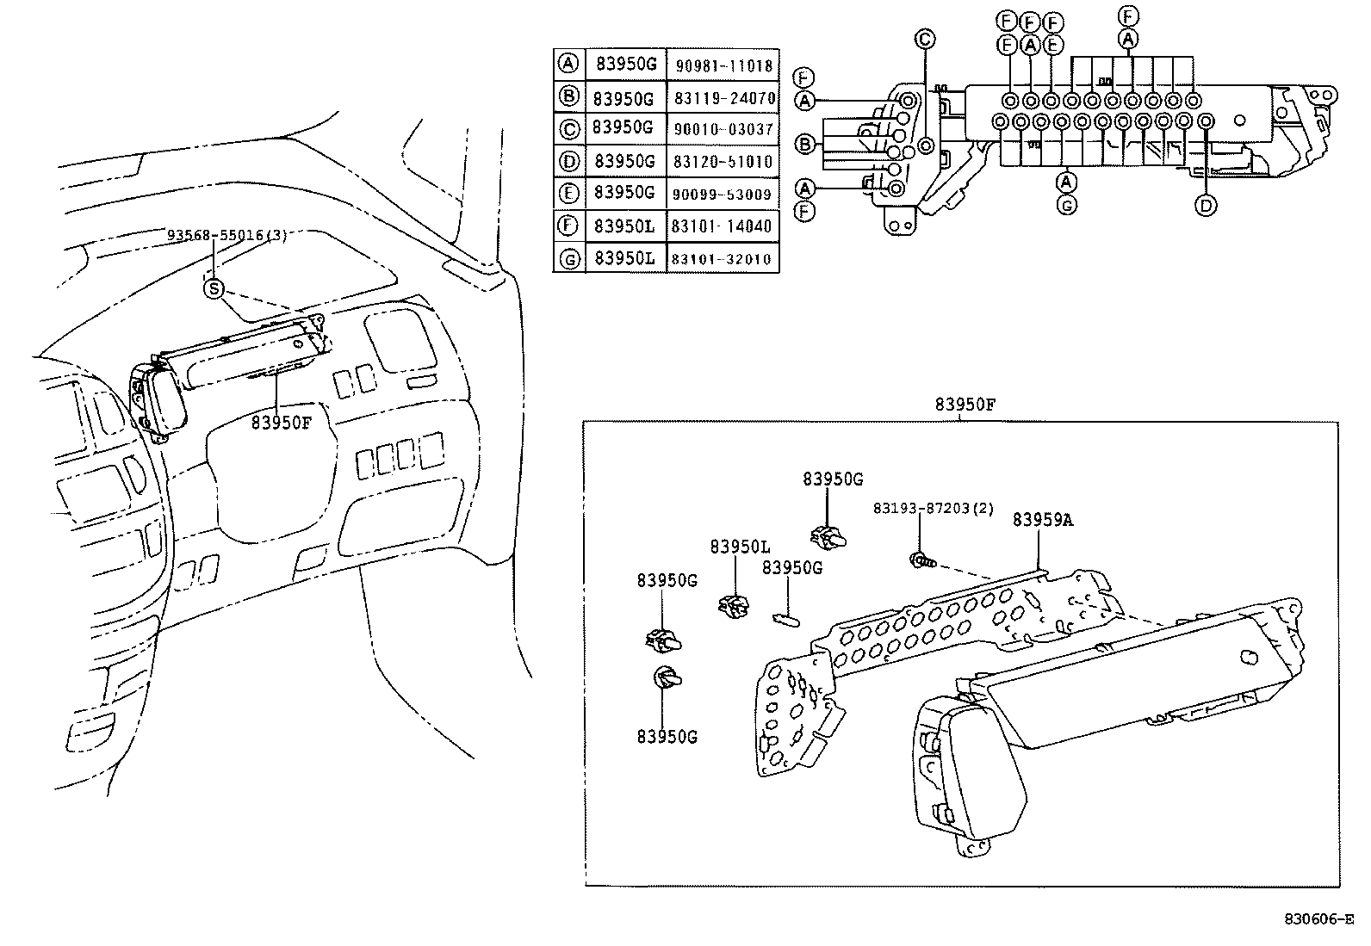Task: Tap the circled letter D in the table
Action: coord(568,161)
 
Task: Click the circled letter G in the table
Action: coord(568,258)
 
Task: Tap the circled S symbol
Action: coord(213,289)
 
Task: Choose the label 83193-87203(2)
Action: coord(933,509)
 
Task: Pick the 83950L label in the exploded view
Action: coord(740,547)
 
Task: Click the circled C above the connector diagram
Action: coord(924,39)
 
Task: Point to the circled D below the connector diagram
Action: coord(1205,205)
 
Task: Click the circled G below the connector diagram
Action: coord(1066,205)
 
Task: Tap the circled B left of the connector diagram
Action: coord(805,144)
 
